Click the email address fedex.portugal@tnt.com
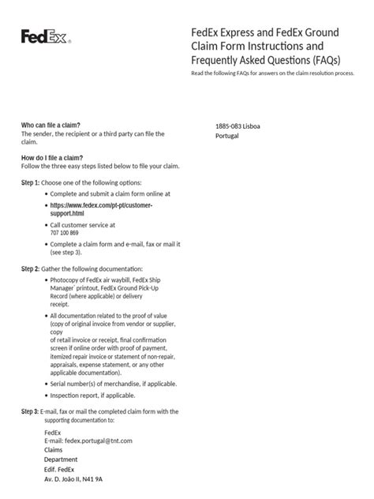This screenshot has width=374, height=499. coord(88,441)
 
